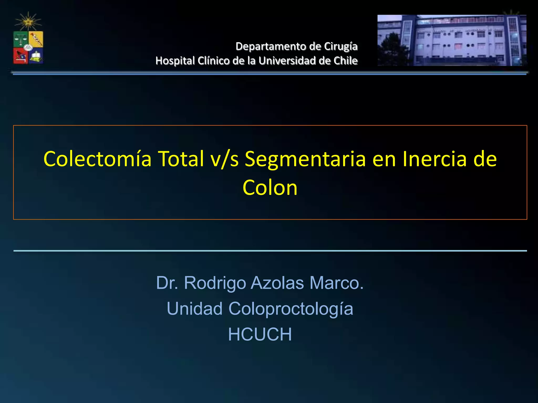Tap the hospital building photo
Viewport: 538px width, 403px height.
452,40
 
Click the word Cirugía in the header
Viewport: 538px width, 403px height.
340,46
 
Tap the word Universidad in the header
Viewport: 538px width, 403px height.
287,61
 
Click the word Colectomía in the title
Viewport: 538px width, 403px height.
97,159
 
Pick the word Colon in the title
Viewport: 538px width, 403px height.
270,188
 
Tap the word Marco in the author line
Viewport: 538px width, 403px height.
336,283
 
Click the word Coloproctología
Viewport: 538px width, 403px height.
291,309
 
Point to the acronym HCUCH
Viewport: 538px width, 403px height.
260,335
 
